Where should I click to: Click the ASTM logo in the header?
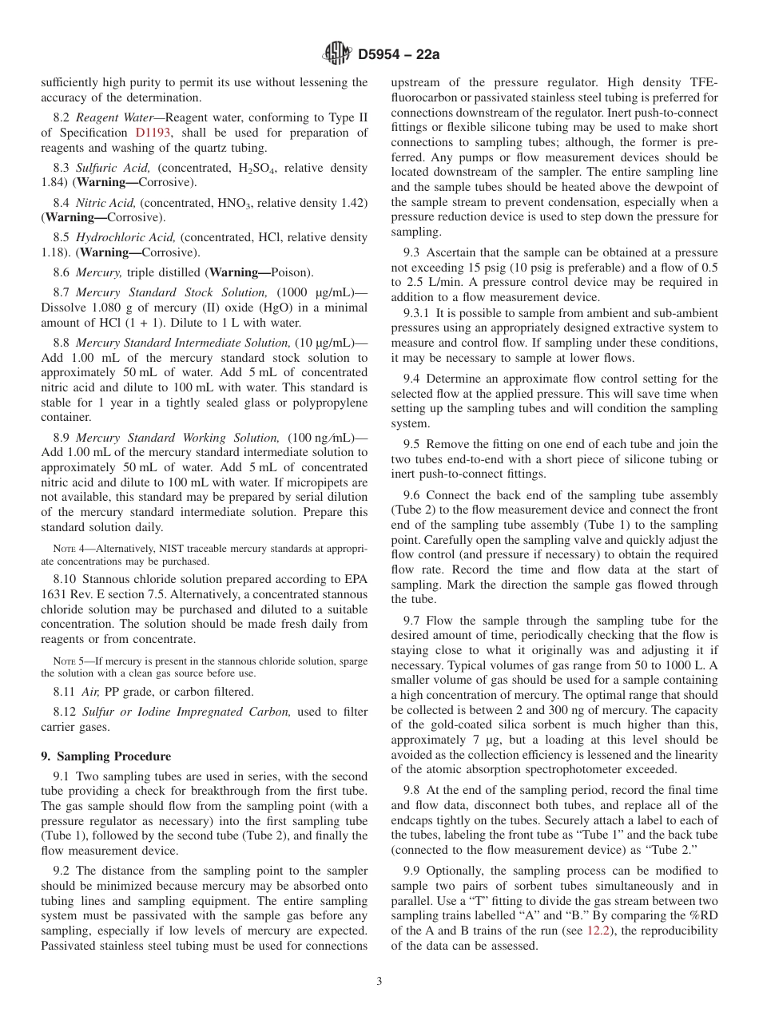click(x=336, y=54)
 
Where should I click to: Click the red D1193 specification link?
click(x=153, y=133)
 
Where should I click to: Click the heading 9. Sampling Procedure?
click(x=105, y=756)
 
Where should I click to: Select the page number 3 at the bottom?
click(x=379, y=982)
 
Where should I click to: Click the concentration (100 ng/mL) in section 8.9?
click(x=328, y=438)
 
